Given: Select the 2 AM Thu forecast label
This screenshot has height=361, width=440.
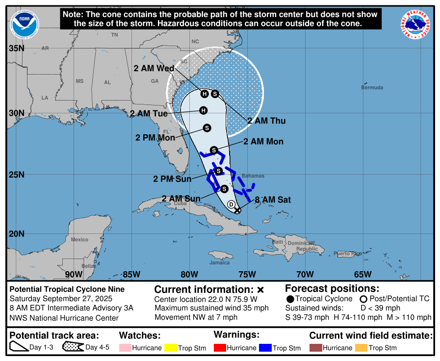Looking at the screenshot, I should (266, 121).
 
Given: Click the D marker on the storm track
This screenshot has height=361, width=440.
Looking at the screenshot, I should (232, 204).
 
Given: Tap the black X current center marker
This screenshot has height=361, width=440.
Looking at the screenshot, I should (237, 210).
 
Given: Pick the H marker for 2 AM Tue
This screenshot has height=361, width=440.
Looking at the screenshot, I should (203, 110).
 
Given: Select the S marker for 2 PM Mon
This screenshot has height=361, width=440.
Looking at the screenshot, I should (207, 128).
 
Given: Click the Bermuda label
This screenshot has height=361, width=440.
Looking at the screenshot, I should (371, 87).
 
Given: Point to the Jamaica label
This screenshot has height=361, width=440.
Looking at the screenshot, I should (219, 262).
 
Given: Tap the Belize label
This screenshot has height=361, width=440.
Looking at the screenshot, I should (89, 266).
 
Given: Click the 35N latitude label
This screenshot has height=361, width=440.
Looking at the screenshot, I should (16, 48).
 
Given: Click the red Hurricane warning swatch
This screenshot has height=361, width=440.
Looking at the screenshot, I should (220, 348).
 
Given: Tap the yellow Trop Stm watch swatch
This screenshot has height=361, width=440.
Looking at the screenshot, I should (171, 348).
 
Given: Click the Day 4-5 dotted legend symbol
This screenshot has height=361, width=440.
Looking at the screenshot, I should (73, 348).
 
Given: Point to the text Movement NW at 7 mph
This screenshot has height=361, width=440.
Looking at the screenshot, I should (196, 317).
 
